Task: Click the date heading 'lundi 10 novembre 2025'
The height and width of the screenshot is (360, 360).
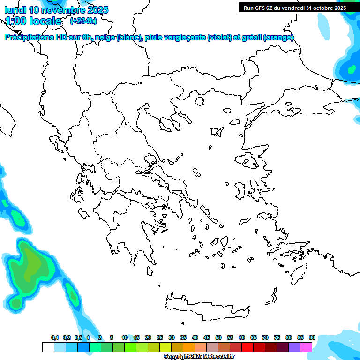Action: tap(56, 10)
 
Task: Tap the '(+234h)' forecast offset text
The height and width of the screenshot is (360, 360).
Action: tap(83, 21)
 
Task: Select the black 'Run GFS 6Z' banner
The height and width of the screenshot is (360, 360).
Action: tap(293, 7)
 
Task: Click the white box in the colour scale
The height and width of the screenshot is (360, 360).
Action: tap(48, 347)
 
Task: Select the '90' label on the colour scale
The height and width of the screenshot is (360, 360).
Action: tap(312, 338)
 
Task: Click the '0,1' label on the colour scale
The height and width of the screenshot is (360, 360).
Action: tap(55, 338)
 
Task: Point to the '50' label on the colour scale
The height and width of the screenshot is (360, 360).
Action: tap(218, 338)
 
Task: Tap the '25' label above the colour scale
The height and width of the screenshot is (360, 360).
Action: tap(160, 338)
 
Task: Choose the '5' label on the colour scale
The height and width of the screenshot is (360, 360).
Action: tap(112, 338)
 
